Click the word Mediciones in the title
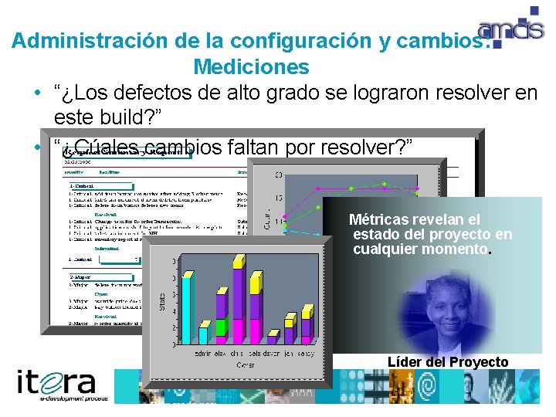(x=251, y=67)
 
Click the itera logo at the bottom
(x=57, y=384)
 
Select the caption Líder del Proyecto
(x=447, y=361)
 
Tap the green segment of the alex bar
(x=221, y=327)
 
